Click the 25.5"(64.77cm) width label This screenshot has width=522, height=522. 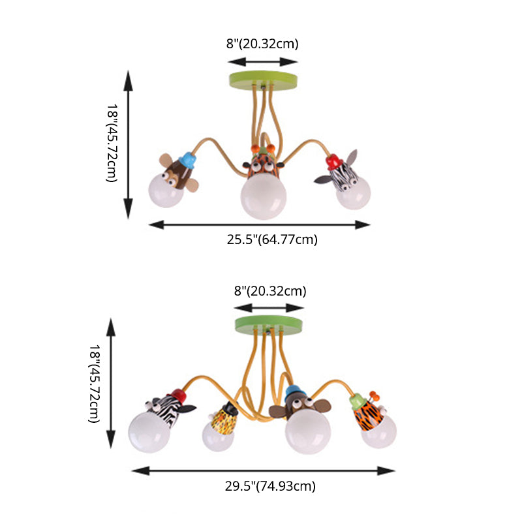point(272,239)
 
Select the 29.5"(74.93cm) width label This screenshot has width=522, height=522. point(270,485)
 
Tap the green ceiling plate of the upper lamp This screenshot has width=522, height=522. point(263,81)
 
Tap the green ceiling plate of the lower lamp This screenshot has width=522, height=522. point(270,323)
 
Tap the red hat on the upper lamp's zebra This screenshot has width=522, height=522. point(335,161)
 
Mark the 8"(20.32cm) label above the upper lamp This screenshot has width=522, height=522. point(262,44)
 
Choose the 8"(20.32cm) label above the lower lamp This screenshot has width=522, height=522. point(270,291)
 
